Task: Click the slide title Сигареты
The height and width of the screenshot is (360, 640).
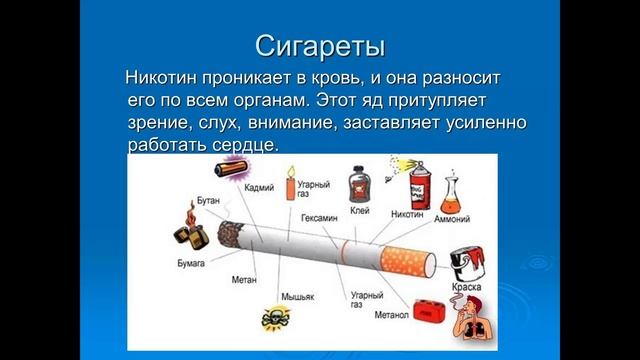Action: click(320, 46)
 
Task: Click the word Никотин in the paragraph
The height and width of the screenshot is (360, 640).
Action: click(163, 78)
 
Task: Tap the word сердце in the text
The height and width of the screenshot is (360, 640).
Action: click(255, 146)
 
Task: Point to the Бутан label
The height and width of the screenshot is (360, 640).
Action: click(208, 201)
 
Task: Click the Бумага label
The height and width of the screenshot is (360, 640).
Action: click(192, 262)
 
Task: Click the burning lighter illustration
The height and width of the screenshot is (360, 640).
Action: click(188, 226)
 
